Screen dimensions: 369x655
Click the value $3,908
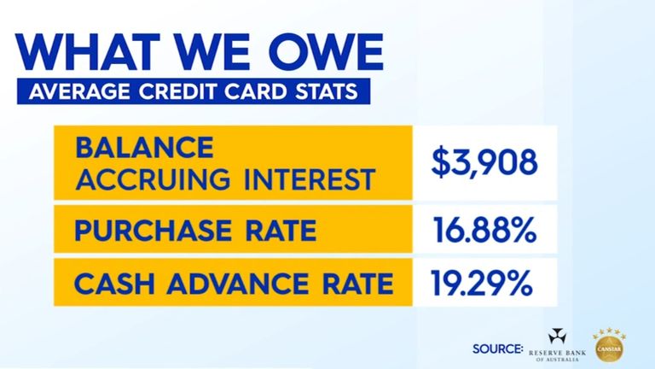click(x=484, y=162)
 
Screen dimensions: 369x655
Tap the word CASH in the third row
click(x=108, y=282)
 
